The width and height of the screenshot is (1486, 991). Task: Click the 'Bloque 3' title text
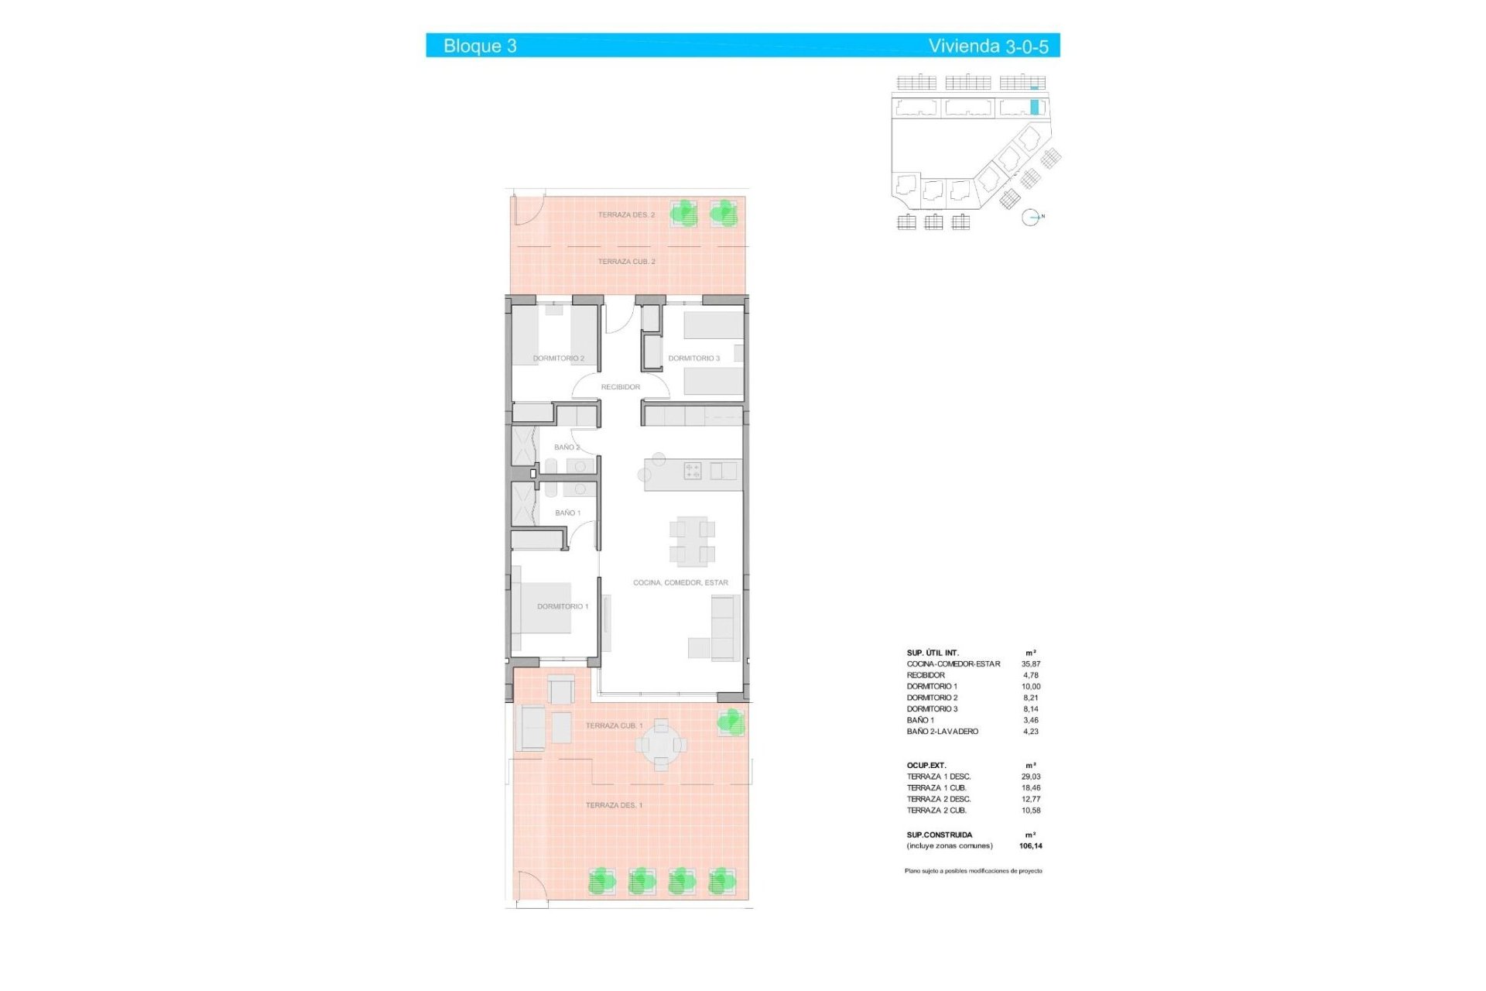pos(480,46)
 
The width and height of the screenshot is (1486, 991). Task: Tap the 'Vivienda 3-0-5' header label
pos(988,46)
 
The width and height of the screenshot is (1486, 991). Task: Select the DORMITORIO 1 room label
pos(563,607)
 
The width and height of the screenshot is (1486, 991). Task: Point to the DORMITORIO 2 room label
pos(558,358)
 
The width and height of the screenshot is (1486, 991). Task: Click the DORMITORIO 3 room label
pos(693,358)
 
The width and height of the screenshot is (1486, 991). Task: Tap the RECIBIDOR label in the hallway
pos(621,387)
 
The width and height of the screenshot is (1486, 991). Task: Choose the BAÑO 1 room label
pos(567,513)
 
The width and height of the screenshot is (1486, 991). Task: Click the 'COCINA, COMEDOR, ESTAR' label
pos(680,583)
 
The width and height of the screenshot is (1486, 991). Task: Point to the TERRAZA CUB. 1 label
pos(614,726)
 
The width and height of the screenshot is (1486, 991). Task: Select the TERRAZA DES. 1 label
pos(614,806)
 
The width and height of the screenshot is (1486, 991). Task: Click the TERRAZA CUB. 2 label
pos(626,262)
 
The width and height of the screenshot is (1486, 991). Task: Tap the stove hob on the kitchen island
pos(693,471)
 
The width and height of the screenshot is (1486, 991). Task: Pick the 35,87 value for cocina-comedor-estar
pos(1030,664)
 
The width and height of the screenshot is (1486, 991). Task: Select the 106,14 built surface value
pos(1030,846)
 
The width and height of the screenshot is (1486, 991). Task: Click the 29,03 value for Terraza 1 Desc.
pos(1030,777)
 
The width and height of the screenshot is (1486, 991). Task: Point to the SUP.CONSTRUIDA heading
pos(939,835)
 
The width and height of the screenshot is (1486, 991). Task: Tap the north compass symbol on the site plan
pos(1031,218)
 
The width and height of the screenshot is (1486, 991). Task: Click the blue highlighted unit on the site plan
pos(1034,107)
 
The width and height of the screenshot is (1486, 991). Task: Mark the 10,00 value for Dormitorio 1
pos(1030,687)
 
